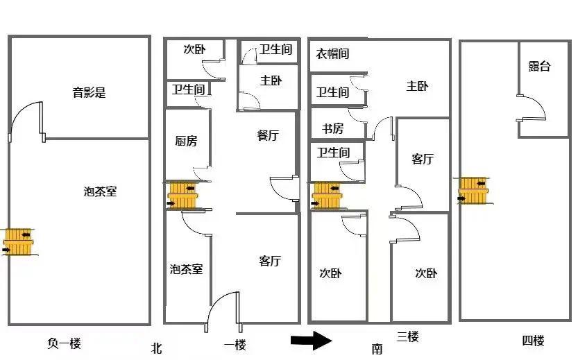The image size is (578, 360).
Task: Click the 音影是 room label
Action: click(x=90, y=92)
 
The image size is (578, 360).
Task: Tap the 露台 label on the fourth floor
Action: click(x=539, y=67)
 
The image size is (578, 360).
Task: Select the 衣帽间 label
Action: click(x=332, y=53)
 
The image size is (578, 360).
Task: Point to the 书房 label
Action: click(x=332, y=128)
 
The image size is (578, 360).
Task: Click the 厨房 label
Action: click(x=185, y=141)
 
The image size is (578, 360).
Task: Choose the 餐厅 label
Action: click(x=267, y=136)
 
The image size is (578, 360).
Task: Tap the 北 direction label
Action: click(x=156, y=349)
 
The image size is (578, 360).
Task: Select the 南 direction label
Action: click(x=377, y=349)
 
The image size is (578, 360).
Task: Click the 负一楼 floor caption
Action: click(x=65, y=342)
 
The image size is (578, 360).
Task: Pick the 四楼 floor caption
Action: click(x=533, y=341)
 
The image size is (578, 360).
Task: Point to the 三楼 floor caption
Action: click(x=408, y=338)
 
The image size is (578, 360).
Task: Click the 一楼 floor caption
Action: click(x=235, y=345)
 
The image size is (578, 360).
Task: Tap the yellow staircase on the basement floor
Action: click(x=18, y=241)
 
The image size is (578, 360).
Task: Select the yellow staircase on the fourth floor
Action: click(x=473, y=190)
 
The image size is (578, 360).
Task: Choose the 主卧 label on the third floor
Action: click(x=417, y=86)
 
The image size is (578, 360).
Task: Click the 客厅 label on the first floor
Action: click(x=270, y=261)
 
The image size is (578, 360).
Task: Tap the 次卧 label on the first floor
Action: click(x=194, y=49)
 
